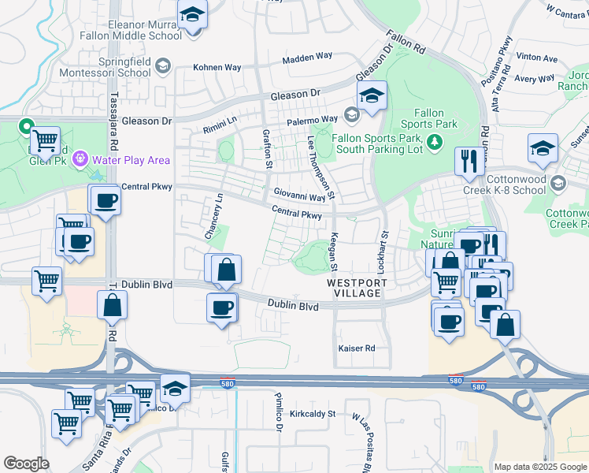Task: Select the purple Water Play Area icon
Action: click(x=80, y=160)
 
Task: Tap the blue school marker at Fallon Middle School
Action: click(x=191, y=15)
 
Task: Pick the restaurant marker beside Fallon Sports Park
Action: click(x=468, y=162)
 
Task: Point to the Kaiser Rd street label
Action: click(x=356, y=348)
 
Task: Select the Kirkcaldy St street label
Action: click(x=313, y=413)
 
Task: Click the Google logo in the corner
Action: click(x=26, y=464)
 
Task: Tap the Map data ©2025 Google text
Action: click(x=540, y=467)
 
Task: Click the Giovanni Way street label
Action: click(x=299, y=195)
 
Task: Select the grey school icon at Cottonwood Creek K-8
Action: click(x=558, y=183)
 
